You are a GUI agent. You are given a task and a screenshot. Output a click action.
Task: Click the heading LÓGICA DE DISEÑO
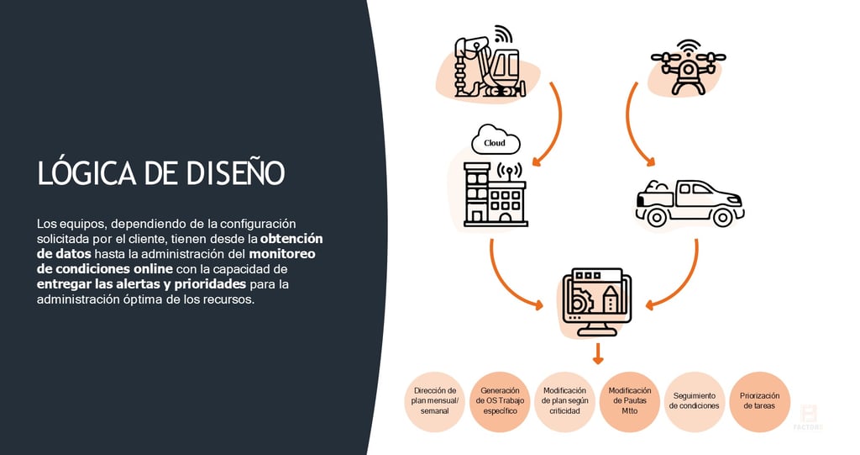(161, 172)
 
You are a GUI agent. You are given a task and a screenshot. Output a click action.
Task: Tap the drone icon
(688, 66)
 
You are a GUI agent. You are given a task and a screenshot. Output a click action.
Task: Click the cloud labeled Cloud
(496, 142)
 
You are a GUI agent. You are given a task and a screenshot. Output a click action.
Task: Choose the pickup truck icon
(688, 203)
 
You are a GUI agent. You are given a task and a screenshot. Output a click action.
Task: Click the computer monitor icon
(597, 302)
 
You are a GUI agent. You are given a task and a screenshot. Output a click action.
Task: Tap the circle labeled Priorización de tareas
(759, 401)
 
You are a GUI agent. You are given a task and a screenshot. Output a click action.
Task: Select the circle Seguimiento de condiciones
(694, 401)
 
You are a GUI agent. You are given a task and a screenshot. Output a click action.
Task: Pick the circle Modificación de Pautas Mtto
(629, 401)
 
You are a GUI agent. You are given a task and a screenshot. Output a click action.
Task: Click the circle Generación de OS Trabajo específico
(500, 401)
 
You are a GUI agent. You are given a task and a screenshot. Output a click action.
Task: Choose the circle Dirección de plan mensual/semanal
(435, 401)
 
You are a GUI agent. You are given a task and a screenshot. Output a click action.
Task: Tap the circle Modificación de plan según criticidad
(564, 401)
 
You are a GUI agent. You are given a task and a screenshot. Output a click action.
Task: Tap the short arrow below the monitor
(597, 353)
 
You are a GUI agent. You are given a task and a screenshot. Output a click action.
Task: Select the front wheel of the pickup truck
(721, 217)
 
